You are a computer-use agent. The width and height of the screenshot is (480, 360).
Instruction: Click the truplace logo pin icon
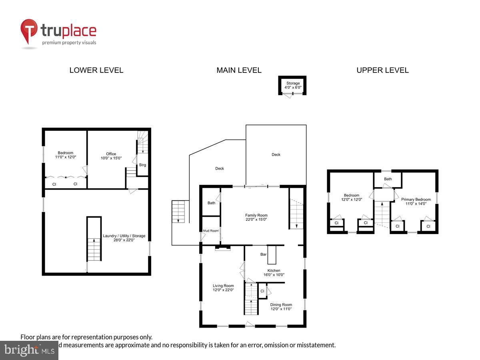pyautogui.click(x=29, y=32)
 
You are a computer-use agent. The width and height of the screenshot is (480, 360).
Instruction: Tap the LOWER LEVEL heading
pyautogui.click(x=96, y=70)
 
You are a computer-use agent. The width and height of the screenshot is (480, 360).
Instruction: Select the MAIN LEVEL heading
pyautogui.click(x=239, y=70)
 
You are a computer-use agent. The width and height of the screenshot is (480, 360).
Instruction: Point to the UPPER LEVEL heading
pyautogui.click(x=382, y=70)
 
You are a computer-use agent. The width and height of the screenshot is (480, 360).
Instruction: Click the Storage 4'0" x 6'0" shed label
pyautogui.click(x=293, y=85)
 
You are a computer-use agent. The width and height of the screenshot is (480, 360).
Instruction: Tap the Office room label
pyautogui.click(x=111, y=156)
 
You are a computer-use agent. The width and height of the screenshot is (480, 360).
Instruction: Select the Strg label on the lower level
pyautogui.click(x=142, y=165)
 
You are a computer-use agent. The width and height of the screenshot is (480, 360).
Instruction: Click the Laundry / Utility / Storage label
pyautogui.click(x=124, y=238)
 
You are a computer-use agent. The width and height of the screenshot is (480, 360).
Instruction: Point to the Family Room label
pyautogui.click(x=256, y=217)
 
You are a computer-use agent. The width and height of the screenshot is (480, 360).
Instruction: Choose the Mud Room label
pyautogui.click(x=211, y=230)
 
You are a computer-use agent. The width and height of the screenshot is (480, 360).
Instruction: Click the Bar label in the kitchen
pyautogui.click(x=264, y=254)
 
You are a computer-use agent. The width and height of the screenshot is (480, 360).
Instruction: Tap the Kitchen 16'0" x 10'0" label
pyautogui.click(x=274, y=272)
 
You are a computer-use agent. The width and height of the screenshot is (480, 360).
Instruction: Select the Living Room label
pyautogui.click(x=223, y=288)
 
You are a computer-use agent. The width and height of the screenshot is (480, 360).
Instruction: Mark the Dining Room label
pyautogui.click(x=281, y=306)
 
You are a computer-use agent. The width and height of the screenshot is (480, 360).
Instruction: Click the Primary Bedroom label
pyautogui.click(x=416, y=201)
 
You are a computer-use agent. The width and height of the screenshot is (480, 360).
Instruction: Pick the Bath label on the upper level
pyautogui.click(x=388, y=179)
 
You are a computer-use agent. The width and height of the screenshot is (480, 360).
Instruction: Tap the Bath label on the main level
pyautogui.click(x=211, y=203)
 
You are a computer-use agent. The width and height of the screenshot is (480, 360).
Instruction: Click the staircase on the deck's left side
pyautogui.click(x=178, y=212)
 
